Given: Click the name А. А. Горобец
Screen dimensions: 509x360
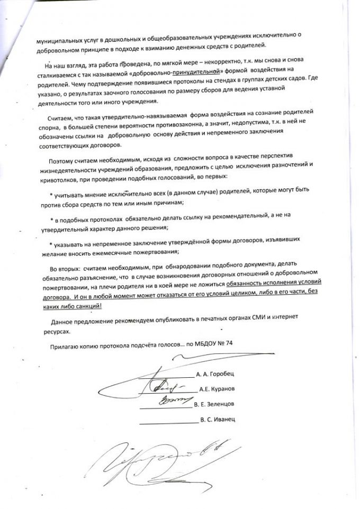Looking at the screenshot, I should pyautogui.click(x=215, y=374).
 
